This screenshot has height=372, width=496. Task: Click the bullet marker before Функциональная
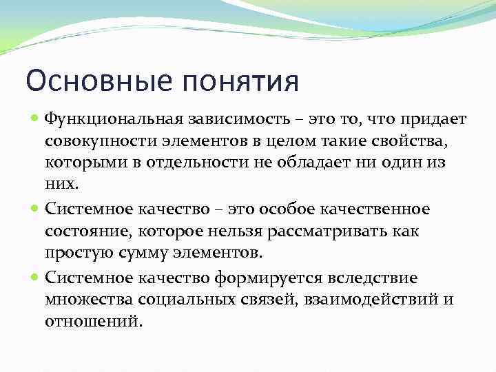(x=35, y=119)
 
